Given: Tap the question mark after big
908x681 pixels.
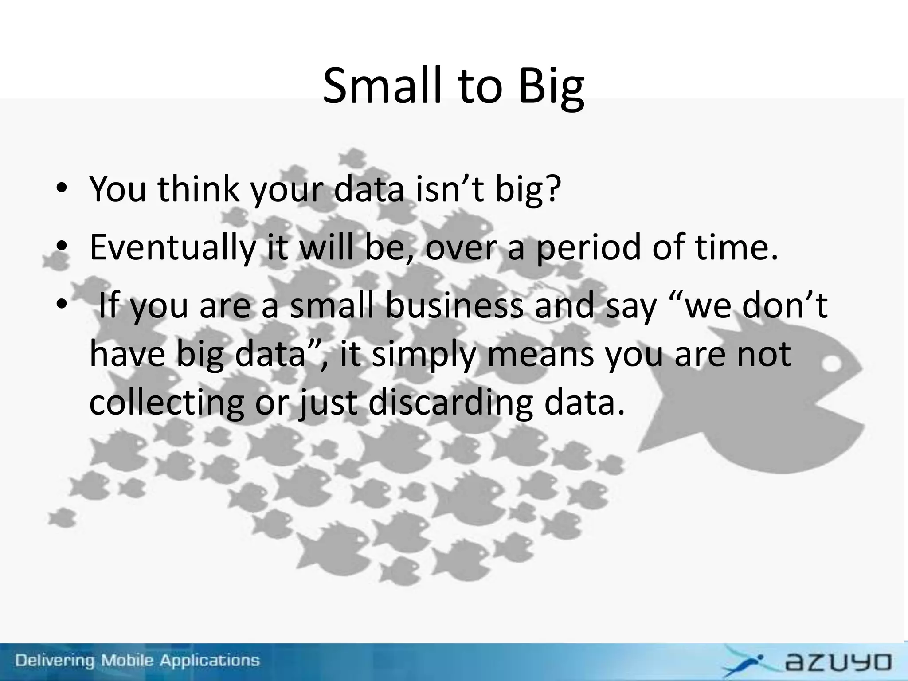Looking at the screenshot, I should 552,188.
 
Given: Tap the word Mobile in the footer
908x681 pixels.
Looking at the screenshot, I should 128,661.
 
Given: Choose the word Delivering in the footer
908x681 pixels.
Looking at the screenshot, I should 55,661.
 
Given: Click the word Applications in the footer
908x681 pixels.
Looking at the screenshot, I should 209,661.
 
